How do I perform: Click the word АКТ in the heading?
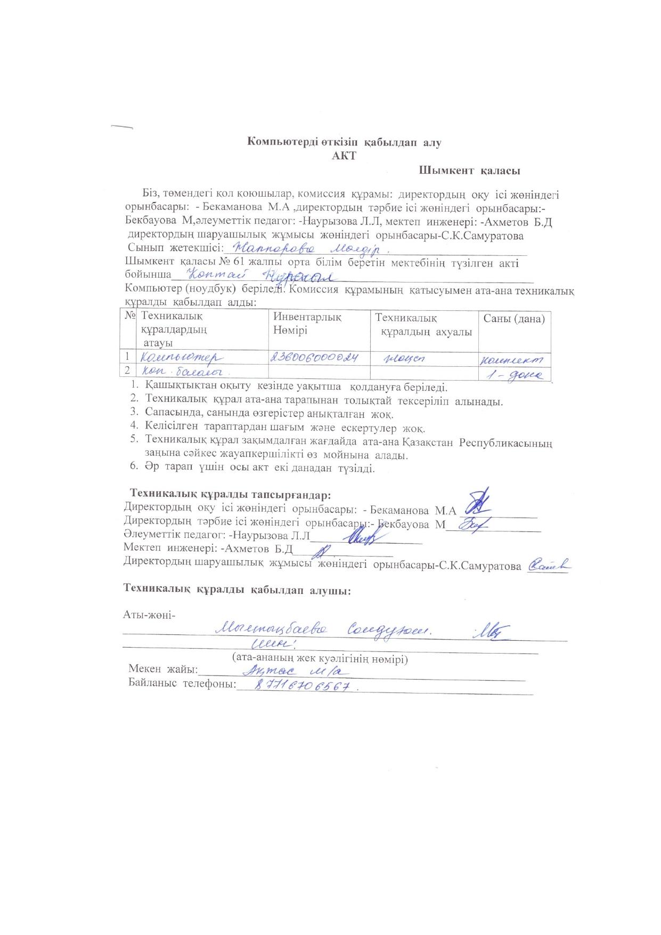point(344,156)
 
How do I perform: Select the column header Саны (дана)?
point(513,319)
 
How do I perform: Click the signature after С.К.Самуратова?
point(549,566)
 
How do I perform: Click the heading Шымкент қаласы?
point(469,171)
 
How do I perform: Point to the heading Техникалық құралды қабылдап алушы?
point(237,590)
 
